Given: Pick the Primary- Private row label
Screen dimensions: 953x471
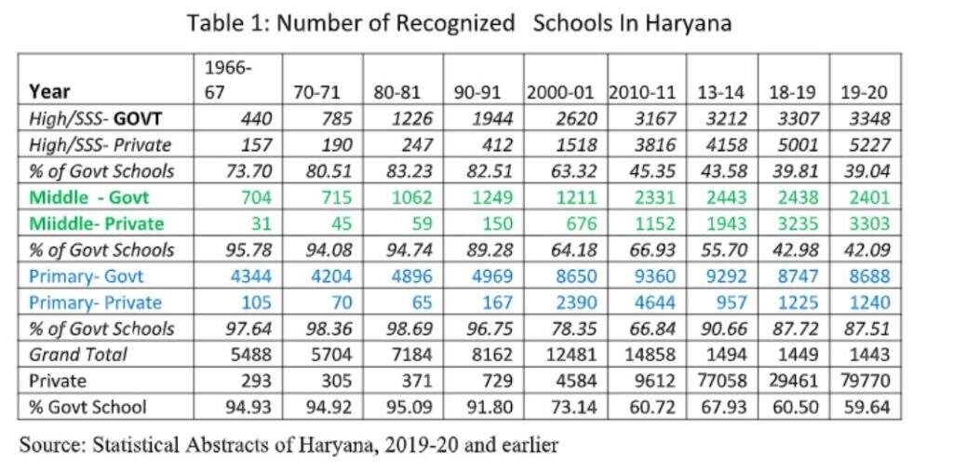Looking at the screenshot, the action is (x=96, y=302).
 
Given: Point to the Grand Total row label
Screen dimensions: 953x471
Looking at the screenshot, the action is (x=78, y=355).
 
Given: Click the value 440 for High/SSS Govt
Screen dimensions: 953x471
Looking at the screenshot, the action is (x=254, y=118).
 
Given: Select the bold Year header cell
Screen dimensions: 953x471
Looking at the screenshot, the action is (x=49, y=92).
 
